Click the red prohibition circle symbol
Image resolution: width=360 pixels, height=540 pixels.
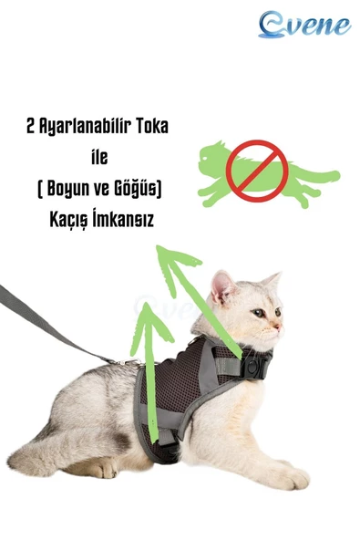click(x=258, y=169)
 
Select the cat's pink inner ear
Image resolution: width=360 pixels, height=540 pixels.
click(x=223, y=286)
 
